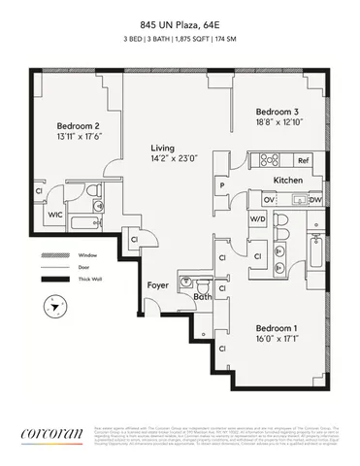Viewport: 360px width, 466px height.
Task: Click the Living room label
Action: [x=162, y=148]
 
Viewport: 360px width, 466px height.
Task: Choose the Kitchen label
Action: [x=289, y=181]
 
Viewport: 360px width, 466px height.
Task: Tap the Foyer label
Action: [x=158, y=285]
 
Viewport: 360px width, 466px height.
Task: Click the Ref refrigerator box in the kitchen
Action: [x=303, y=161]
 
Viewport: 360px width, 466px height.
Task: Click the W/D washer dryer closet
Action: [x=258, y=219]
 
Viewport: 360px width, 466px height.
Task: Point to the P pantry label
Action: [x=223, y=184]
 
